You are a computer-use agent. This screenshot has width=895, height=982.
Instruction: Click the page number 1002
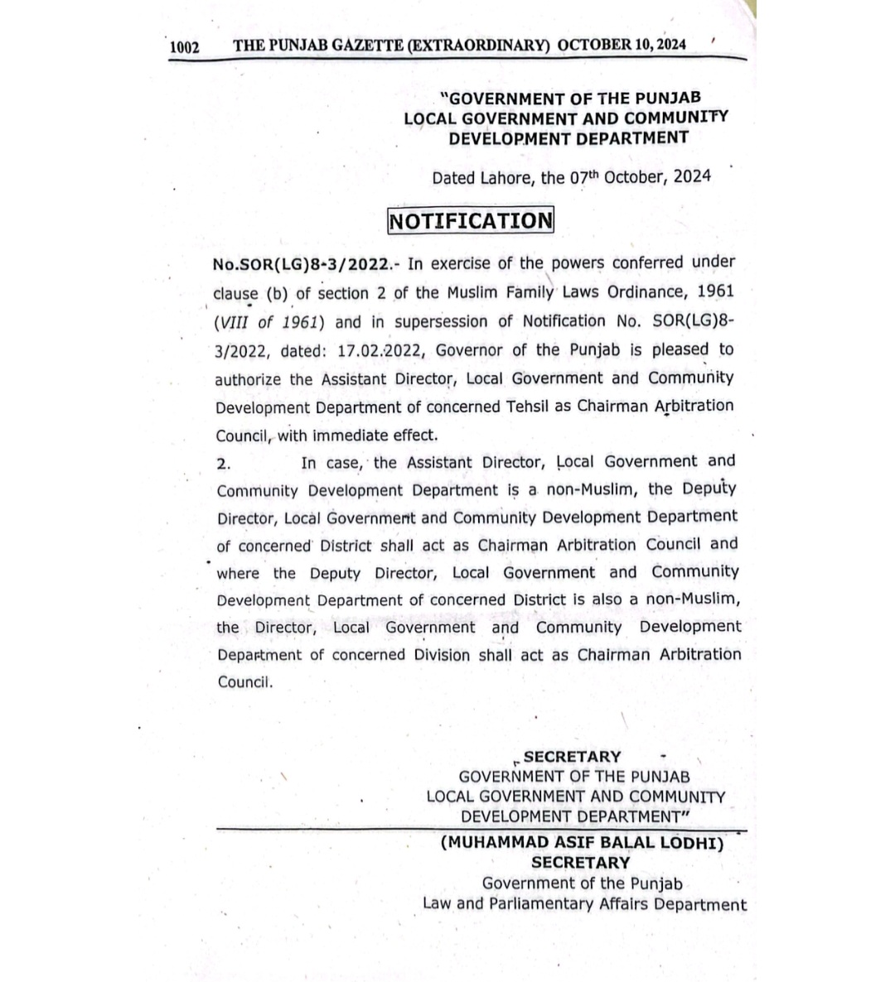[185, 47]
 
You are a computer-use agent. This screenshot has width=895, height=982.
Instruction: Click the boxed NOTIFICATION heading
[470, 221]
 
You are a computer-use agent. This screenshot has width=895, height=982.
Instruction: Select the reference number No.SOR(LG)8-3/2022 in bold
[301, 264]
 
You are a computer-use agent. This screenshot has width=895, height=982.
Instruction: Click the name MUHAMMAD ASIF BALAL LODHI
[582, 843]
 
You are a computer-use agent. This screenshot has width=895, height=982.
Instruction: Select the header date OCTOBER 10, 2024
[622, 45]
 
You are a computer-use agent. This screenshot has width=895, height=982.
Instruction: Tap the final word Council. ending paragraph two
[244, 683]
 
